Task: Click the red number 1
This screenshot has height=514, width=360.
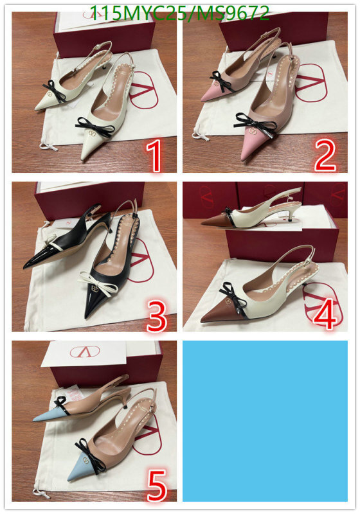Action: [x=154, y=155]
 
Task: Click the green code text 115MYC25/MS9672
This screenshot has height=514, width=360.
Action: [x=179, y=13]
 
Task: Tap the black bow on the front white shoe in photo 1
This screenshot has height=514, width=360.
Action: [x=95, y=127]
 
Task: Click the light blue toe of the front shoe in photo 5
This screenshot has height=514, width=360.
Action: [x=83, y=469]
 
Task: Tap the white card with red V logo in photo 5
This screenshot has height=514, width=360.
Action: [x=85, y=354]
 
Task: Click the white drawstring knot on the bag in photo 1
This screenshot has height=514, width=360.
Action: [x=48, y=146]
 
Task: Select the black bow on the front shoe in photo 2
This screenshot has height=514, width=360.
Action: [x=255, y=125]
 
